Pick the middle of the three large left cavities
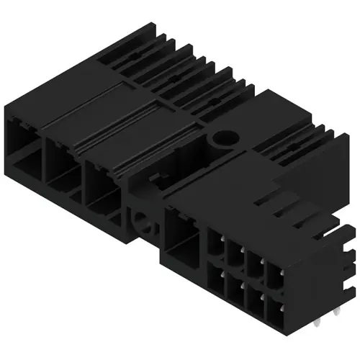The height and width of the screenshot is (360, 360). [63, 166]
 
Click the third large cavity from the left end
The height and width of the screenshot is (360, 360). [102, 186]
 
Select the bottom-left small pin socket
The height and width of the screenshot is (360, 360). [216, 281]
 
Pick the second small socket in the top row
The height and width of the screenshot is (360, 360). [236, 255]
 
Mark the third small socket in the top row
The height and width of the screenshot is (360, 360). [256, 265]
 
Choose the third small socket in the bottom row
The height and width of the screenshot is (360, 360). [255, 301]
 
